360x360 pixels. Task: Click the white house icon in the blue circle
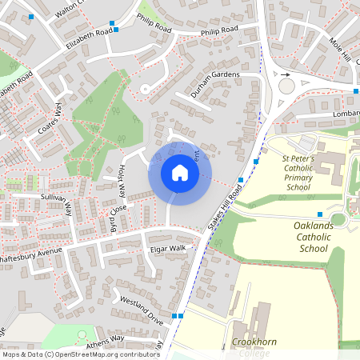pos(179,173)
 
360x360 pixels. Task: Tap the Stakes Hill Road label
pos(225,210)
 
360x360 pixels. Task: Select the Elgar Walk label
pos(168,249)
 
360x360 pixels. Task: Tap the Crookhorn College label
pos(254,346)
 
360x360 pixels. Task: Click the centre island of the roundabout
pos(286,86)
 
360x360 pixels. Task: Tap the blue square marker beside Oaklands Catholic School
pos(319,214)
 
